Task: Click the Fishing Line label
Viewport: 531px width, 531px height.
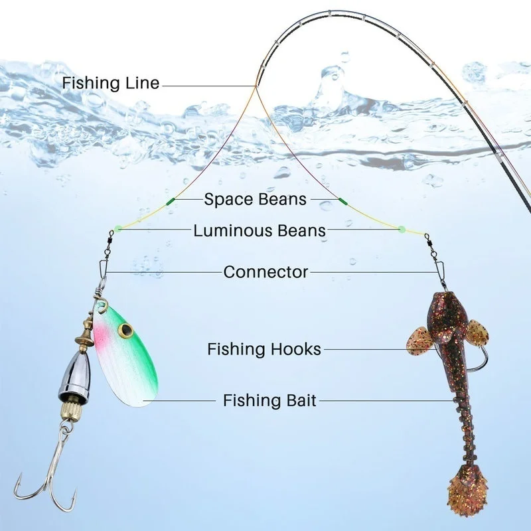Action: [111, 84]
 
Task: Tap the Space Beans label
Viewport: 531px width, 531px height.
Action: [256, 198]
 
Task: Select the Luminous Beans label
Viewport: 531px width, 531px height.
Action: [260, 231]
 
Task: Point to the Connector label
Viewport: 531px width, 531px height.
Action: [265, 271]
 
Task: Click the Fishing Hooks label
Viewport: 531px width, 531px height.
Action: [264, 349]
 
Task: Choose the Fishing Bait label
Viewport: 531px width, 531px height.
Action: [269, 400]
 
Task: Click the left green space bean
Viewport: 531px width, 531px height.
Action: [170, 200]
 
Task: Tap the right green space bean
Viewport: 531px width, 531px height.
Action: [343, 200]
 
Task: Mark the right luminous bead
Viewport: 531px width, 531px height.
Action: [401, 229]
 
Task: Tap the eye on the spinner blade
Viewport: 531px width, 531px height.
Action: [124, 329]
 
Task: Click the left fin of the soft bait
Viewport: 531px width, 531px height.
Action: [419, 340]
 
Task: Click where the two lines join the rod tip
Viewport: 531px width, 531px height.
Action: [256, 86]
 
